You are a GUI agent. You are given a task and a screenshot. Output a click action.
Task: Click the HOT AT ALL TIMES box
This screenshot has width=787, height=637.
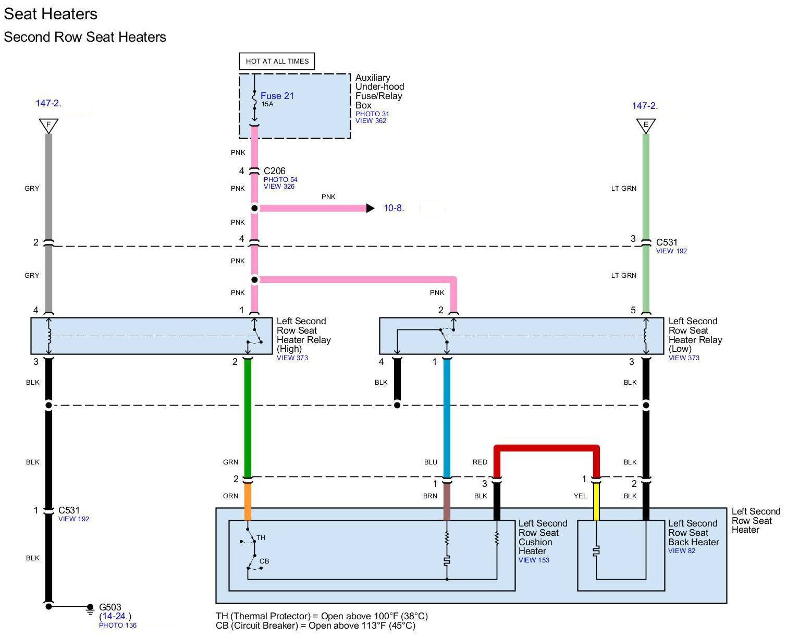tap(277, 62)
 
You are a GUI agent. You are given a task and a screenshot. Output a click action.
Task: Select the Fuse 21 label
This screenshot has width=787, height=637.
tap(277, 96)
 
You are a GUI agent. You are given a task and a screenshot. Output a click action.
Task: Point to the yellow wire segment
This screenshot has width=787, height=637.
tap(596, 501)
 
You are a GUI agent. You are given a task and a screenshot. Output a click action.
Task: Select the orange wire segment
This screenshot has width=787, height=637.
tap(248, 501)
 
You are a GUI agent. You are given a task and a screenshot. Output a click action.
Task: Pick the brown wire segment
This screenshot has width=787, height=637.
tap(447, 501)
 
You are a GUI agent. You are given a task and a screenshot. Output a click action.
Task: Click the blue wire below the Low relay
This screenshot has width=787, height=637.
tap(447, 418)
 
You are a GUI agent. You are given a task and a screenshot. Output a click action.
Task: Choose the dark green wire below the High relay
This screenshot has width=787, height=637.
tap(248, 418)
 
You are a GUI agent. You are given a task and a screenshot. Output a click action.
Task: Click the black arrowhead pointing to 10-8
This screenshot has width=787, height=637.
tap(370, 208)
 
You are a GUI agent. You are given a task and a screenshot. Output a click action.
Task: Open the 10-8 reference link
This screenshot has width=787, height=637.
tap(394, 208)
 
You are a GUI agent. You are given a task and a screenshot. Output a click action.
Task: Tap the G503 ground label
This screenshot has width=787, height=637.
tap(110, 607)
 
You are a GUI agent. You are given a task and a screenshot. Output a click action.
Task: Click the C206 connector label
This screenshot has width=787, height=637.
tap(274, 170)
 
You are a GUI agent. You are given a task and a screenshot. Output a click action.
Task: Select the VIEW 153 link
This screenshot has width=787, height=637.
tap(534, 560)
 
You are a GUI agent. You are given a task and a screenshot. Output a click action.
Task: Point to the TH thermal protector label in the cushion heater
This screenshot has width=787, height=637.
tap(261, 537)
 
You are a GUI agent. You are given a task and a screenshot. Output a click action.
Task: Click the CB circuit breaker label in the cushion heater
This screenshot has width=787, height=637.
tap(264, 561)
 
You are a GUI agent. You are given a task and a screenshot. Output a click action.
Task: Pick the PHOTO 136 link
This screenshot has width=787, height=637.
tap(117, 625)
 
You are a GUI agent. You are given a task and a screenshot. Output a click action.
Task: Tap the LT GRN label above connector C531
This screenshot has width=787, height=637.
tap(624, 188)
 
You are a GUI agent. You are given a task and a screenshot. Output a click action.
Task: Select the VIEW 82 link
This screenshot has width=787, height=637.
tap(681, 550)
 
